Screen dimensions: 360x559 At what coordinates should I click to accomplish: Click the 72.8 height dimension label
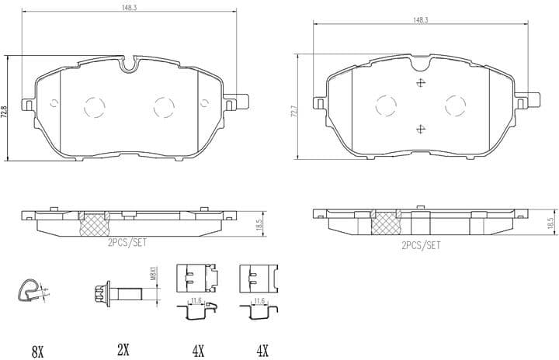(x=5, y=112)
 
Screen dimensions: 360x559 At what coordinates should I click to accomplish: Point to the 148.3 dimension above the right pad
(x=421, y=20)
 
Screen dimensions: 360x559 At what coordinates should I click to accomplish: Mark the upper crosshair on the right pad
(x=420, y=84)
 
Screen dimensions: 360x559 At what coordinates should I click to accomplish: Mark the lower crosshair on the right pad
(x=420, y=129)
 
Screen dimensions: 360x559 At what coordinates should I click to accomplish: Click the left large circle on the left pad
(x=95, y=106)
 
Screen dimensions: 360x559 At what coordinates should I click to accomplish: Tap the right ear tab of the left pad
(x=236, y=102)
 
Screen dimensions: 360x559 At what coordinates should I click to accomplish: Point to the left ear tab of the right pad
(x=318, y=102)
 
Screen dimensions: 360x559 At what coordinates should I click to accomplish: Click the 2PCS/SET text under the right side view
(x=420, y=245)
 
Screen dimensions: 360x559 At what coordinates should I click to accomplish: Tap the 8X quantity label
(x=36, y=350)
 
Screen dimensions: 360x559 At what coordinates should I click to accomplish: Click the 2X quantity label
(x=122, y=350)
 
